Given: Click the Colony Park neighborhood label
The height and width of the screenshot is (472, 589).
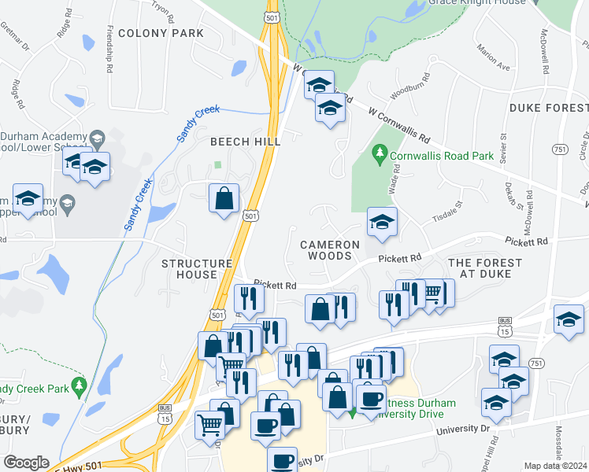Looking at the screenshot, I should tap(161, 33).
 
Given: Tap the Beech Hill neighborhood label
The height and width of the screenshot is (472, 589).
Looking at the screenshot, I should tap(245, 141).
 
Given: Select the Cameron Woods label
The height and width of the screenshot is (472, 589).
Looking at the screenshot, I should tap(330, 250).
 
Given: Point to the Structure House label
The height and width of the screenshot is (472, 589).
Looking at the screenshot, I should tap(197, 269).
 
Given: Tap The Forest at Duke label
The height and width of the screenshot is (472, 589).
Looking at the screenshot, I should tap(484, 267).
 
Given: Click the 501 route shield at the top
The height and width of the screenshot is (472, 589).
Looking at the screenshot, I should tap(272, 17).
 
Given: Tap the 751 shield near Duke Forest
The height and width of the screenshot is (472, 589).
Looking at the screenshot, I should tap(560, 149).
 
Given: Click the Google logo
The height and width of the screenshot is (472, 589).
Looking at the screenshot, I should tap(26, 463).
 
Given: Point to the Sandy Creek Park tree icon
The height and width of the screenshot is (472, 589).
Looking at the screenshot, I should tap(78, 385).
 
